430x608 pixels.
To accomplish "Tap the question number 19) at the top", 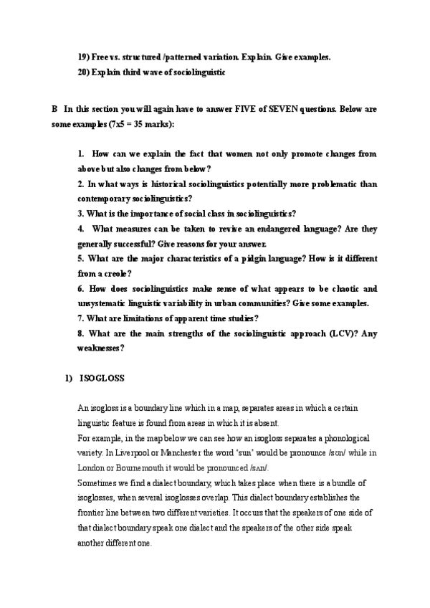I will click(x=85, y=57).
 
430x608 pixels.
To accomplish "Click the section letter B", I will click(x=54, y=110).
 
